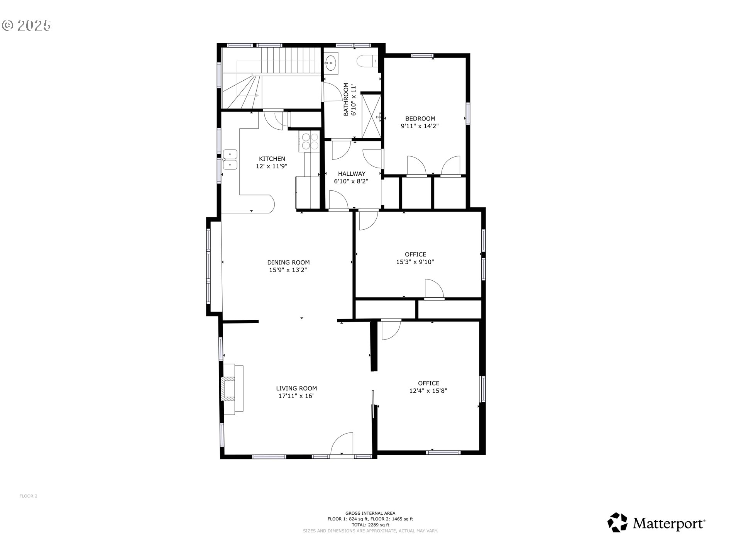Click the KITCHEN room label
272,159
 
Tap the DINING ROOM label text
288,263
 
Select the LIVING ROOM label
296,388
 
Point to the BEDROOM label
420,119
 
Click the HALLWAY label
352,174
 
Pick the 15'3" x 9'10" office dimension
415,262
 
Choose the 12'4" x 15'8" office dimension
428,391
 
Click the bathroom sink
331,62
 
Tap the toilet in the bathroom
367,62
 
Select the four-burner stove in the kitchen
309,141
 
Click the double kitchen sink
230,159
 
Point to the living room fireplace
232,389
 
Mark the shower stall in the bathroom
371,115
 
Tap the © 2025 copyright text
26,25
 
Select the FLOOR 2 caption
28,496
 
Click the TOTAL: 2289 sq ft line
370,525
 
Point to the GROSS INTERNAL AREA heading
370,513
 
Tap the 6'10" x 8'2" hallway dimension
351,181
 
